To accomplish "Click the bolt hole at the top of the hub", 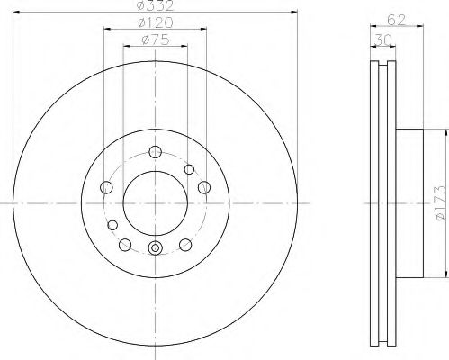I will coord(154,152).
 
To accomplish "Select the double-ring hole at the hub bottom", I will coord(154,249).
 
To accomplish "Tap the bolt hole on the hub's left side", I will coord(107,187).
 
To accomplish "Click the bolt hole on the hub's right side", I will coord(203,187).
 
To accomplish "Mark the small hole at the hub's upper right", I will coord(189,168).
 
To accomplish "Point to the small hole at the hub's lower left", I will coord(113,225).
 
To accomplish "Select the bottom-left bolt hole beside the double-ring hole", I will coord(125,243).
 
